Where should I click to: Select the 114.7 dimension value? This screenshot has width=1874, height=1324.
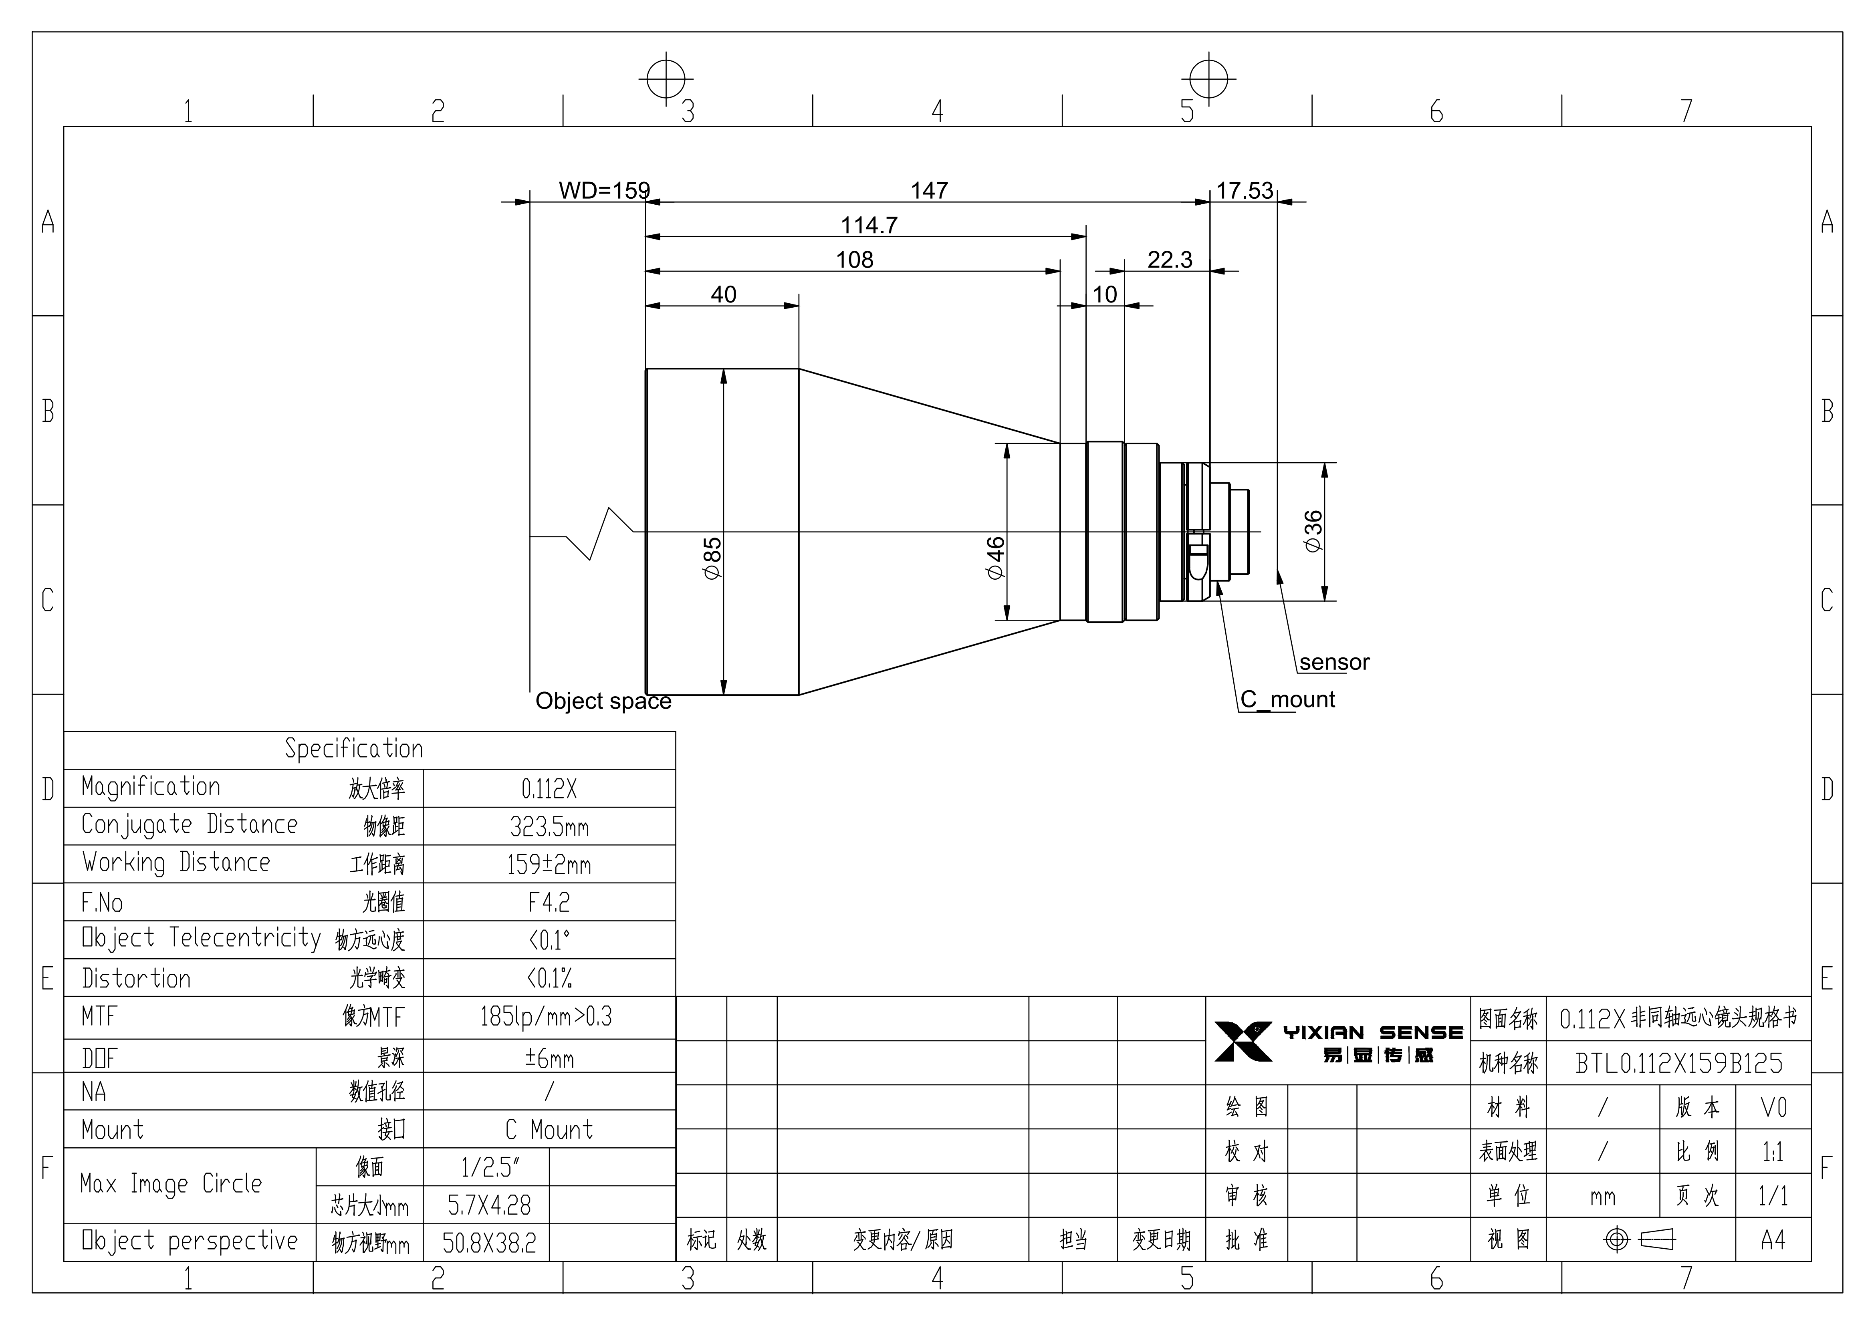(x=869, y=225)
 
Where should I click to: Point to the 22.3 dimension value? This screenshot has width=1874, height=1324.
(x=1170, y=260)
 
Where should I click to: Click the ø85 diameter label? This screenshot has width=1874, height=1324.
(x=712, y=558)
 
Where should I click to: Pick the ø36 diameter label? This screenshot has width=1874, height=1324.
(x=1313, y=531)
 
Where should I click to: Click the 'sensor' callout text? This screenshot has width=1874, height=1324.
(x=1335, y=662)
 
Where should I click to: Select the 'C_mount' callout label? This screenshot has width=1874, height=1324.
(x=1288, y=699)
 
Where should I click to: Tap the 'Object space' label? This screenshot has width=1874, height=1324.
(x=603, y=701)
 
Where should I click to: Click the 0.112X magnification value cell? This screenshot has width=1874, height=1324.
(x=549, y=788)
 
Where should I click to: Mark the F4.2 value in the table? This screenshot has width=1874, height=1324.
(x=549, y=902)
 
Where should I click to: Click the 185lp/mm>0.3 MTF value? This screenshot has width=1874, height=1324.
(x=546, y=1016)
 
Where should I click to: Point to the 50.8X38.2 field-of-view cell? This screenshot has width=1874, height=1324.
(x=490, y=1242)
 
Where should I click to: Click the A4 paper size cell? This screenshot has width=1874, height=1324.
(x=1773, y=1240)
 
